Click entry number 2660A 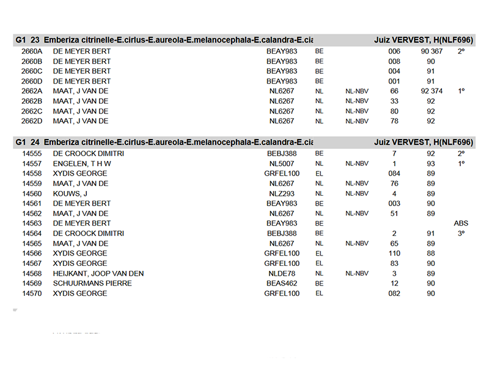tap(31, 51)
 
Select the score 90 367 tap(432, 51)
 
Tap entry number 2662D tap(31, 121)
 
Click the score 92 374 tap(432, 91)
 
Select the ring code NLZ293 tap(282, 193)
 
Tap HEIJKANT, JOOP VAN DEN tap(98, 273)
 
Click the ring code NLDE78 tap(282, 273)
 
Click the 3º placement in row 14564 tap(461, 233)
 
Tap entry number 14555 tap(32, 154)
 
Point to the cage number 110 tap(394, 253)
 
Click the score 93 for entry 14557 tap(431, 163)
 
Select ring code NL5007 tap(282, 163)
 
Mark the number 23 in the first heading tap(35, 40)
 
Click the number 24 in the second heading tap(35, 142)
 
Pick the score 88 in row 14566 tap(431, 253)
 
